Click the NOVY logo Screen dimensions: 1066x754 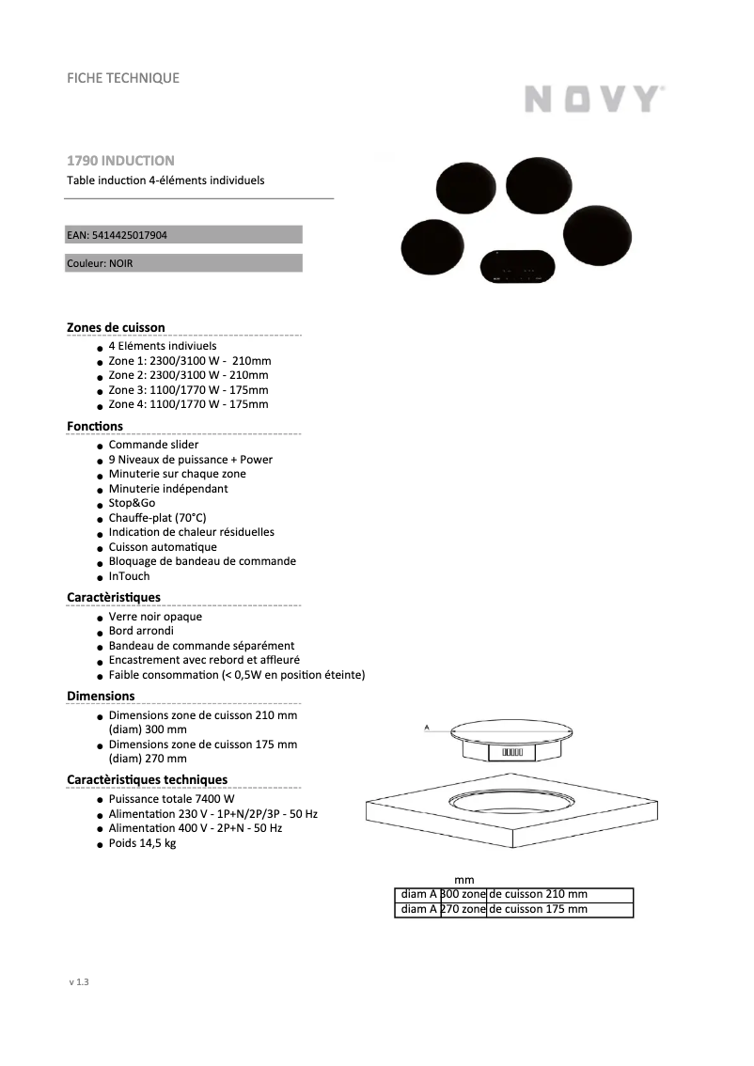pos(593,99)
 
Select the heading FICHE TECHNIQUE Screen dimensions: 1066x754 pos(122,78)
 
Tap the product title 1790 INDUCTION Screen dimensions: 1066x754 pos(120,161)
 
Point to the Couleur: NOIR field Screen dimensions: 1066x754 pos(101,263)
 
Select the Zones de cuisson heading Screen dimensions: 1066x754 pos(116,327)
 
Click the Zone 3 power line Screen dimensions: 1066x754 pos(188,389)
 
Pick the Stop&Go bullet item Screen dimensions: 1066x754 pos(132,503)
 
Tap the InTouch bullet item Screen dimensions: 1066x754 pos(129,576)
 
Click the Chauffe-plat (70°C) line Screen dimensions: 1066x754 pos(157,518)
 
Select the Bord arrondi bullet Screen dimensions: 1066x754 pos(141,631)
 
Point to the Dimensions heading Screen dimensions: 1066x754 pos(101,696)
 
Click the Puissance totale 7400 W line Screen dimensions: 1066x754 pos(171,799)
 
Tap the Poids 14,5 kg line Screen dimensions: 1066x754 pos(142,843)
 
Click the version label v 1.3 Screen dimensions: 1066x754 pos(78,982)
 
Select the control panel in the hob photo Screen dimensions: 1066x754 pos(515,266)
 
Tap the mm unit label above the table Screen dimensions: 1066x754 pos(464,880)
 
